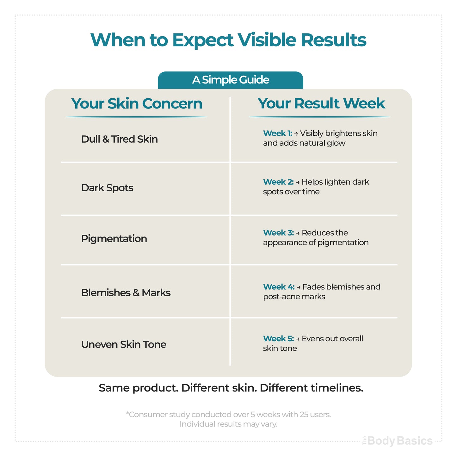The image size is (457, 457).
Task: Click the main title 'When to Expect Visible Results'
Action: [228, 40]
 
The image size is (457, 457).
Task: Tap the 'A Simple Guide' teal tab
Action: [230, 80]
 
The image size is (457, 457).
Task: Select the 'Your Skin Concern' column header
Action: [137, 104]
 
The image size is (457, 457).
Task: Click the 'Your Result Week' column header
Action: [321, 103]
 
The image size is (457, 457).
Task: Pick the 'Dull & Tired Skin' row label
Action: [120, 139]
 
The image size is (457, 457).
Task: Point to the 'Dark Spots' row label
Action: [107, 188]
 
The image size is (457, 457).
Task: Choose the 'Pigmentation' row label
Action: [114, 238]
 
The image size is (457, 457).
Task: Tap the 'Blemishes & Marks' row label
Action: [126, 293]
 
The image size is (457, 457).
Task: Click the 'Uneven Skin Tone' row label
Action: [124, 344]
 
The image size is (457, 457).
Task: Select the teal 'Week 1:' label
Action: [277, 133]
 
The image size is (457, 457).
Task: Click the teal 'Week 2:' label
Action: [278, 182]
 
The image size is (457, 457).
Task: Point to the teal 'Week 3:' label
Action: [278, 233]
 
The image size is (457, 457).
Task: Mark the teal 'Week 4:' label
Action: [279, 287]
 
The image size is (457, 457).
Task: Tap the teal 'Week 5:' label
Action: [278, 338]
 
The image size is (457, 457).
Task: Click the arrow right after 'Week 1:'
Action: [296, 134]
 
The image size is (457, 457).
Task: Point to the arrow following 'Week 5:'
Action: [297, 339]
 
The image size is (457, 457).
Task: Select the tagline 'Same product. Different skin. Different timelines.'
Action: [231, 388]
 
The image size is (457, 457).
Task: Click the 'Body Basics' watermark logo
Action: [398, 441]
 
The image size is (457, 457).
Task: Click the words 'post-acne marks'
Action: [294, 297]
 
